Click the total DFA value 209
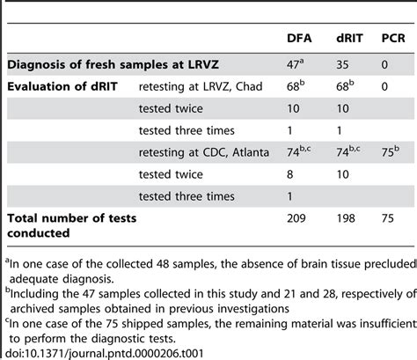(298, 216)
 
